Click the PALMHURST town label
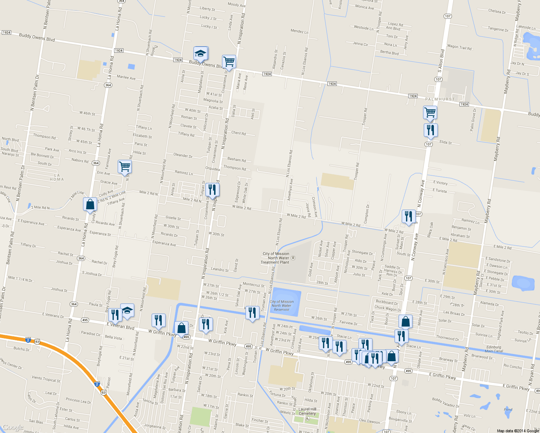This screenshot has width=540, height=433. click(x=440, y=99)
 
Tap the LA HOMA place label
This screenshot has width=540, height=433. click(x=57, y=177)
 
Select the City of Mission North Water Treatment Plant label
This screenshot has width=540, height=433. click(x=276, y=258)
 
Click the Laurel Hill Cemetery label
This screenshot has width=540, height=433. click(x=307, y=411)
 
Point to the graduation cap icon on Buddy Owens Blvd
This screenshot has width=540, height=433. click(x=200, y=54)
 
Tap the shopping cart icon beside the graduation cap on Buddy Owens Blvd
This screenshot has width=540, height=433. click(x=229, y=62)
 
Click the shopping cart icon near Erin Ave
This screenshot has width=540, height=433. click(x=125, y=167)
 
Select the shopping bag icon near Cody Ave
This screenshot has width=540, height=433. click(x=90, y=204)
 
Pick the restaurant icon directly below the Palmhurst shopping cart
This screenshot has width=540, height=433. click(x=430, y=130)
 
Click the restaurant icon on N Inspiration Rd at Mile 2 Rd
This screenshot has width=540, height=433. click(x=212, y=189)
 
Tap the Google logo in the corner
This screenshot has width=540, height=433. click(x=13, y=428)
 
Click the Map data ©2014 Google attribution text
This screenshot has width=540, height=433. click(x=518, y=431)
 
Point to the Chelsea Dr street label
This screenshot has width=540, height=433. click(x=497, y=12)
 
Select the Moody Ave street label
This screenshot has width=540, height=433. click(x=236, y=5)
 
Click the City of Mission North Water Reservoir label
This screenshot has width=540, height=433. click(x=282, y=306)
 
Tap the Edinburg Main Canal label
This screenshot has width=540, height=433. click(x=494, y=349)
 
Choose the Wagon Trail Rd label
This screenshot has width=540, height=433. click(x=459, y=47)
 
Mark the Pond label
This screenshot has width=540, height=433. click(x=508, y=410)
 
